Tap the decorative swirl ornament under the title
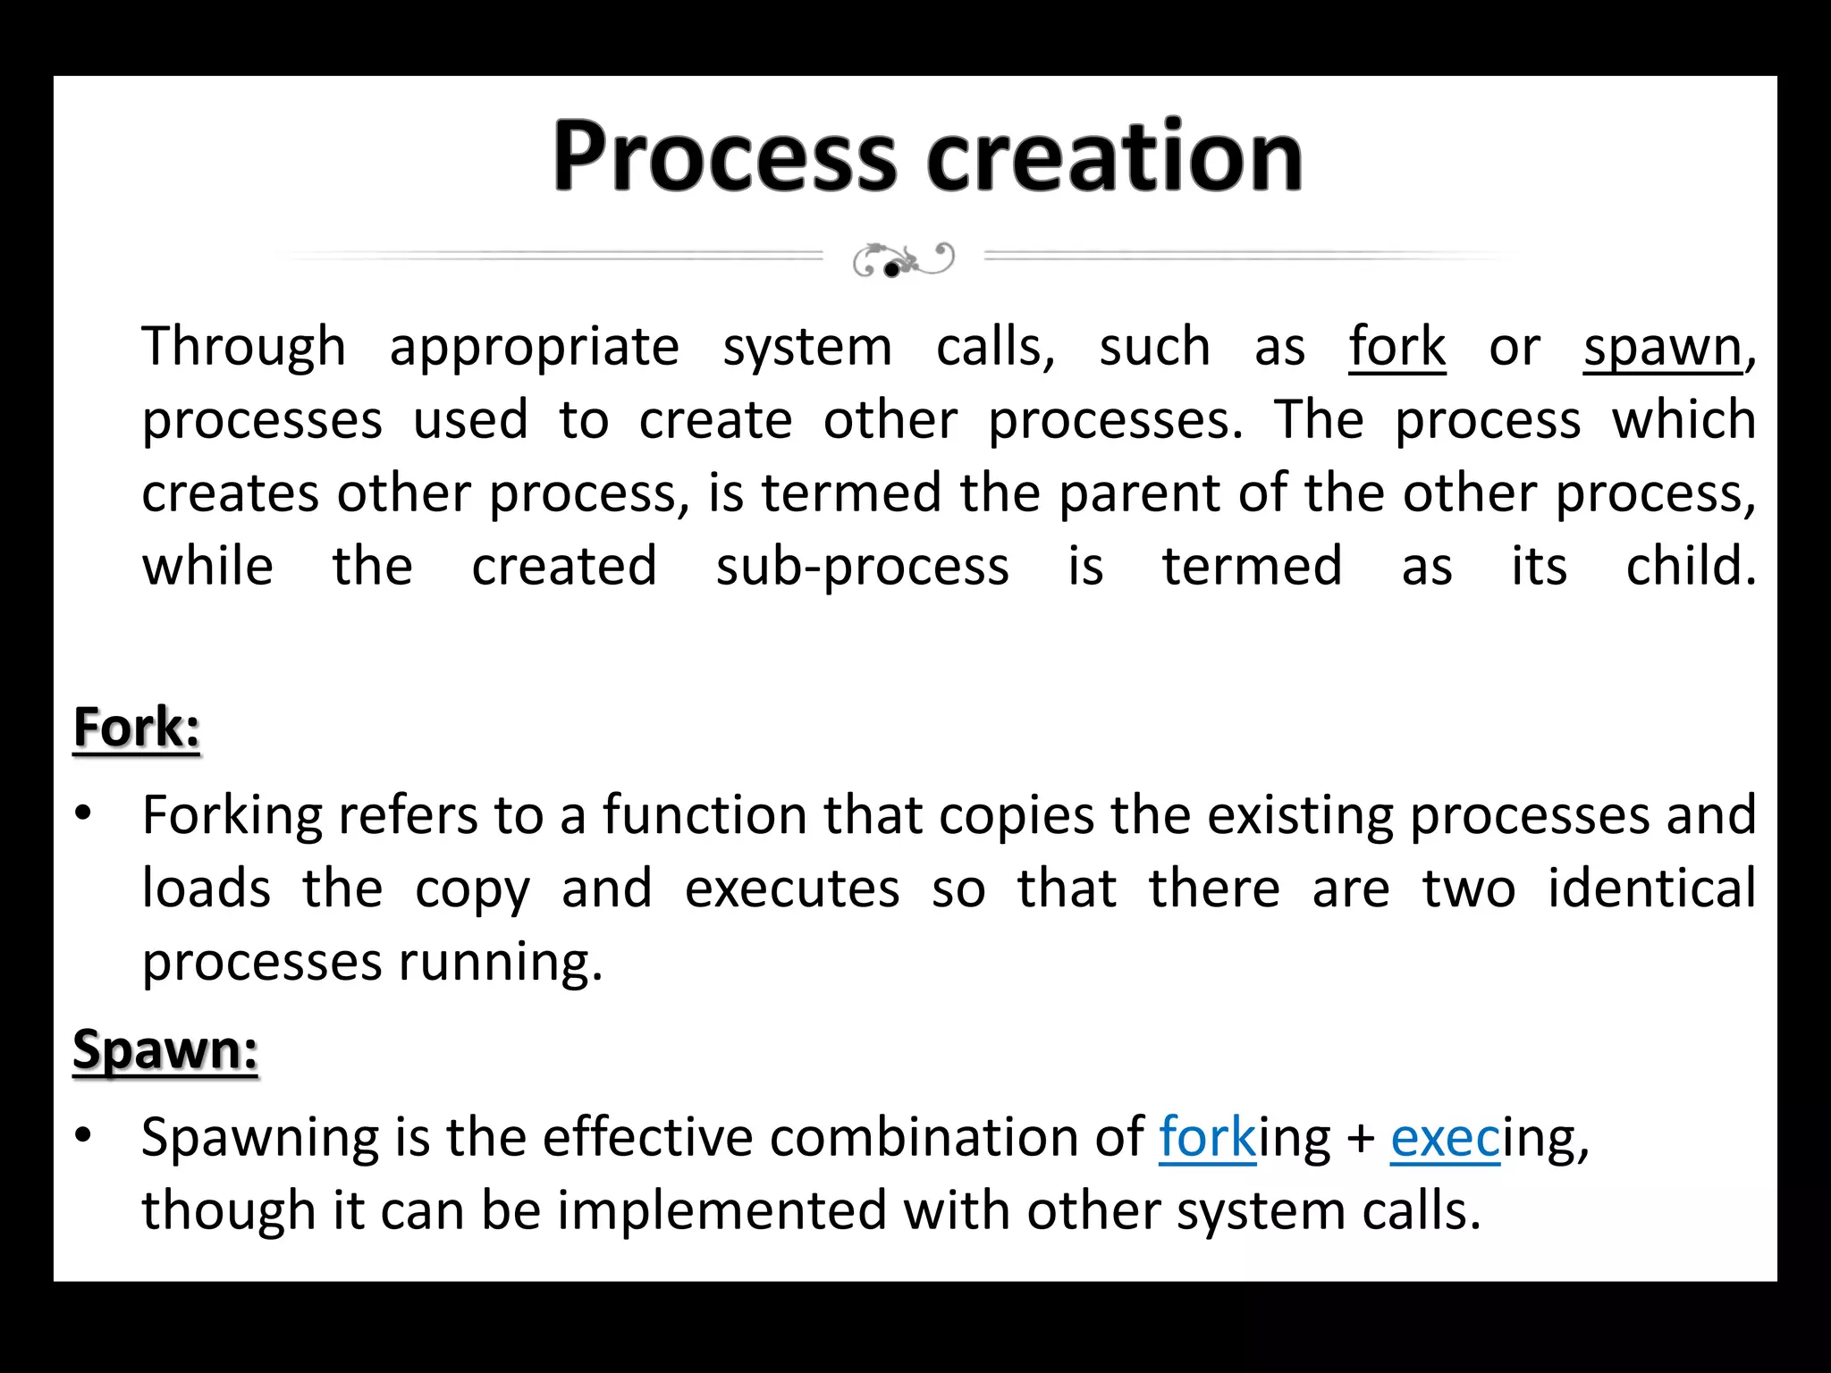[x=903, y=259]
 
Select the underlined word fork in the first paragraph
[x=1396, y=347]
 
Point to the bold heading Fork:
[x=137, y=727]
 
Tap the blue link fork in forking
[x=1207, y=1138]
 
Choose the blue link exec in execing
[x=1445, y=1138]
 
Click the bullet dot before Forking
[x=84, y=813]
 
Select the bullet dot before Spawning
[x=84, y=1135]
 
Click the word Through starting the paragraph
[x=243, y=347]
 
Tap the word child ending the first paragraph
[x=1690, y=567]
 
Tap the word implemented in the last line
[x=722, y=1212]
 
